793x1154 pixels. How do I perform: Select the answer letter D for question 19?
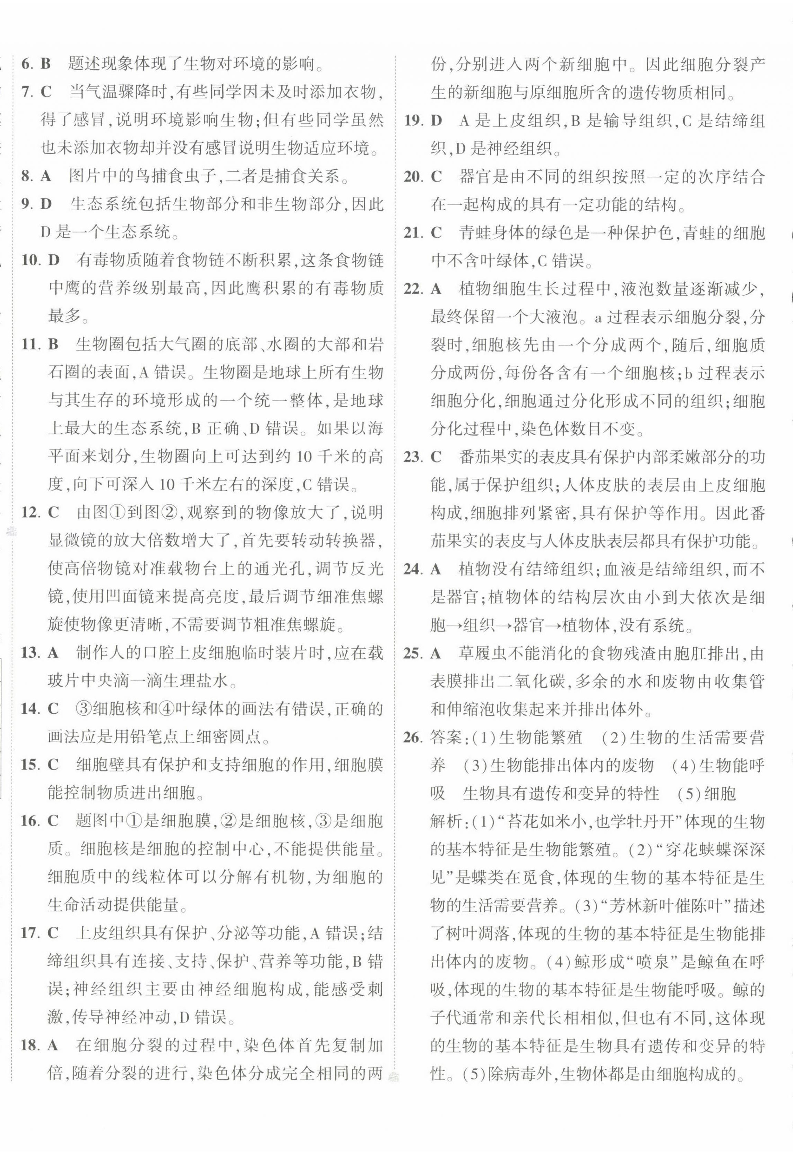click(x=436, y=120)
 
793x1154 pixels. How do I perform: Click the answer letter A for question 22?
click(x=436, y=289)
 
